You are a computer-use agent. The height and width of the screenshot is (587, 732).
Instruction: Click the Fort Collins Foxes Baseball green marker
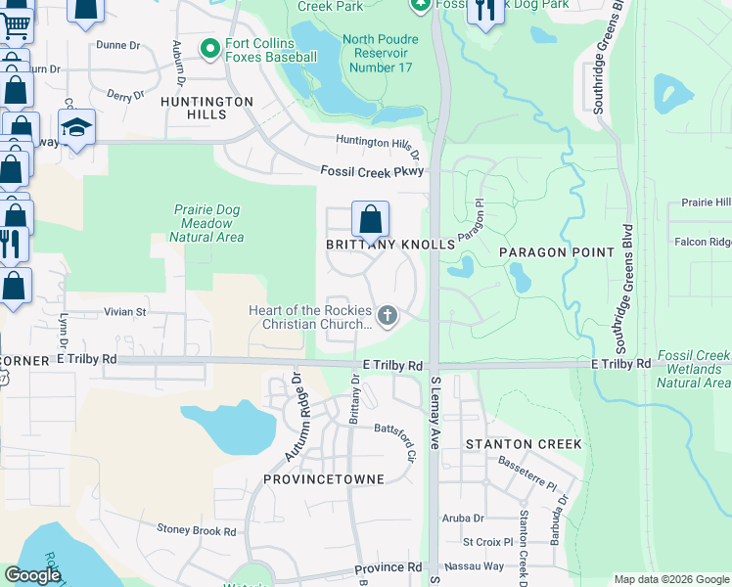[x=208, y=48]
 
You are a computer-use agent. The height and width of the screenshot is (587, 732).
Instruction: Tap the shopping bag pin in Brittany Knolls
[x=371, y=219]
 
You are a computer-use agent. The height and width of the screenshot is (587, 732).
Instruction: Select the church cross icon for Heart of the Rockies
[x=388, y=316]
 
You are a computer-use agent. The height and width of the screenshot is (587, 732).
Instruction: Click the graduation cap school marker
[x=76, y=127]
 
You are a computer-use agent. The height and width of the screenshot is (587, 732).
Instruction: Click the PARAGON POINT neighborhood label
[x=557, y=252]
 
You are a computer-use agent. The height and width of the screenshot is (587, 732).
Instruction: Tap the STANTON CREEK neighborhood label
[x=524, y=444]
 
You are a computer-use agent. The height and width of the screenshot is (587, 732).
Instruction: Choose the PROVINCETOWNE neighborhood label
[x=324, y=479]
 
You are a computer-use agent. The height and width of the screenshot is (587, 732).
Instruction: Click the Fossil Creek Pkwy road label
[x=373, y=171]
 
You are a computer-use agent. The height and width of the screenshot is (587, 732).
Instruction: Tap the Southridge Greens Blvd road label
[x=620, y=284]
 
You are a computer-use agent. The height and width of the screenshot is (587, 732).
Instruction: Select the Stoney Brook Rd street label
[x=197, y=531]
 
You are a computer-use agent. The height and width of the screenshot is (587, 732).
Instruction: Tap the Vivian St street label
[x=124, y=312]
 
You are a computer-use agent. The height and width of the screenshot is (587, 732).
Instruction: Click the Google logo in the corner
[x=33, y=575]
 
